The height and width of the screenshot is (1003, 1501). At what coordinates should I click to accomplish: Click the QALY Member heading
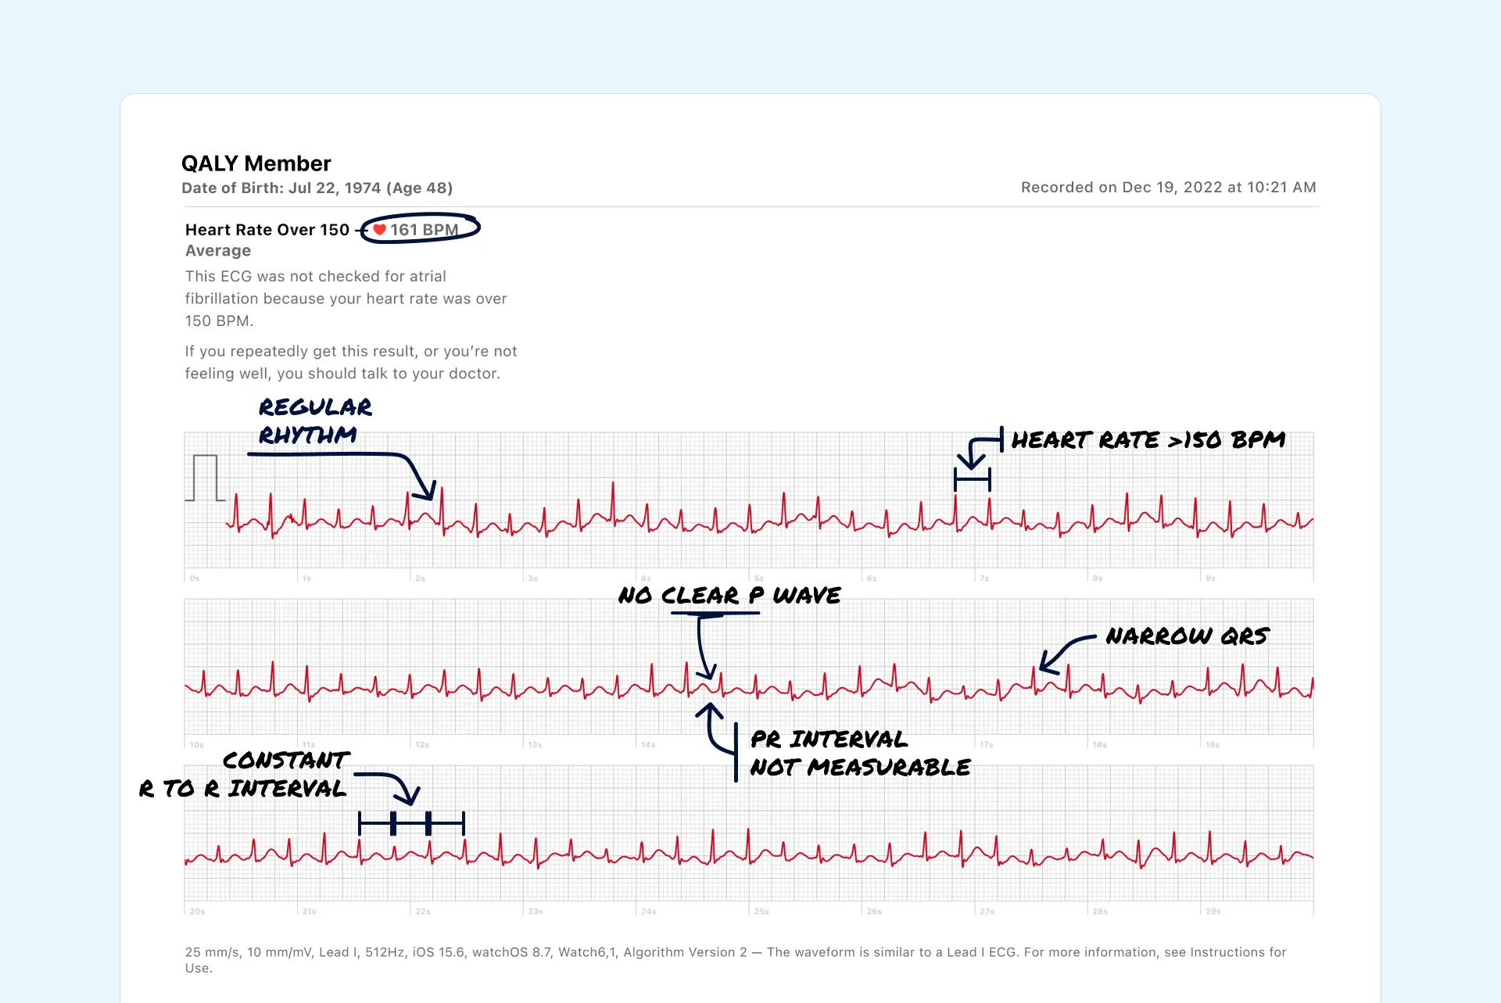tap(256, 163)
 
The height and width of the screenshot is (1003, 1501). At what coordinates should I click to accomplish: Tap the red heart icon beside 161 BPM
tap(379, 230)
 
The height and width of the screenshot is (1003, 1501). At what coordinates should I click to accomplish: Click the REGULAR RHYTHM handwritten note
tap(314, 421)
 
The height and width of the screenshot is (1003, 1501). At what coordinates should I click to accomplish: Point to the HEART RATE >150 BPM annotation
tap(1148, 440)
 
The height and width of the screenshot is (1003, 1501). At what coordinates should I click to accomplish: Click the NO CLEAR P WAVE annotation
tap(729, 596)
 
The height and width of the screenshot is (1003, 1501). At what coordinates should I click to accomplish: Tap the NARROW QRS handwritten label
tap(1187, 636)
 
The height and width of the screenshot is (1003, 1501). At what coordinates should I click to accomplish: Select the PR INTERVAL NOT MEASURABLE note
tap(859, 754)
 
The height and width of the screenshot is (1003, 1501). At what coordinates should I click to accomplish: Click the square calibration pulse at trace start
tap(205, 478)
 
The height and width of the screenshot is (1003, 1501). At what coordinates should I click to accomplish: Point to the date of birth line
tap(317, 188)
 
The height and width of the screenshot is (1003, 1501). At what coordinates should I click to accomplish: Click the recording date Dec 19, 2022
tap(1168, 188)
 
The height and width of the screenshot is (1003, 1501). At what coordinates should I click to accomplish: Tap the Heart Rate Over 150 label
tap(267, 230)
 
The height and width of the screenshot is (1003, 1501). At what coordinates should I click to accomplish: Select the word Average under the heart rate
tap(218, 251)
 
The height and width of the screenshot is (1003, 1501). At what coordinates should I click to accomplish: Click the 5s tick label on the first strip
tap(758, 579)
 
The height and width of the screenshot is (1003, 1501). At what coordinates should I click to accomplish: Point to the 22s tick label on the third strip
tap(422, 912)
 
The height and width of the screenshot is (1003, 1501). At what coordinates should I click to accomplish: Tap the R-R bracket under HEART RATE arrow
tap(972, 479)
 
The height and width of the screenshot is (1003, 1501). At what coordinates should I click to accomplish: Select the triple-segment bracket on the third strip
tap(411, 823)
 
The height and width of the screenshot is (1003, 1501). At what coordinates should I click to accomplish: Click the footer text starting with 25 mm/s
tap(735, 959)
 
